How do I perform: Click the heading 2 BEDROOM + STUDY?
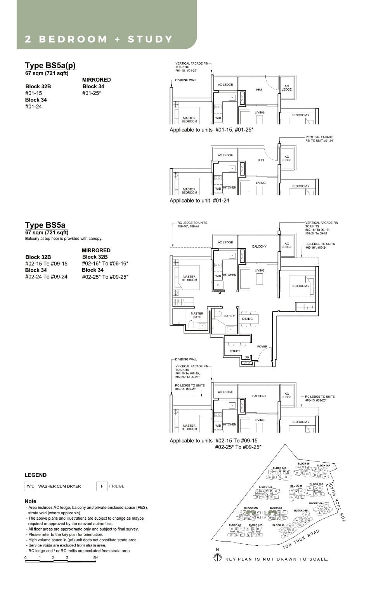(99, 39)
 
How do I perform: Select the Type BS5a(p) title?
(50, 65)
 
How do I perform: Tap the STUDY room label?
(235, 351)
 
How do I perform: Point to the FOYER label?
(262, 346)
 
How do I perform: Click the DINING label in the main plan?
(247, 319)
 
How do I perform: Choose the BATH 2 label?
(229, 316)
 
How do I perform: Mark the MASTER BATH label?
(197, 315)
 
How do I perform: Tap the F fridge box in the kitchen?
(218, 285)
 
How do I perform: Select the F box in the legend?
(102, 486)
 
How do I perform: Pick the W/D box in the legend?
(31, 486)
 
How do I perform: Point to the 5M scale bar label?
(96, 557)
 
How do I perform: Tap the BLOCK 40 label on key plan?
(278, 525)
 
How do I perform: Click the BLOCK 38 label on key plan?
(296, 485)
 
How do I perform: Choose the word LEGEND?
(35, 475)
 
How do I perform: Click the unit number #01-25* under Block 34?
(92, 93)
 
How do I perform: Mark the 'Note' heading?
(30, 501)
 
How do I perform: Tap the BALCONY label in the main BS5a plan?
(259, 246)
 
